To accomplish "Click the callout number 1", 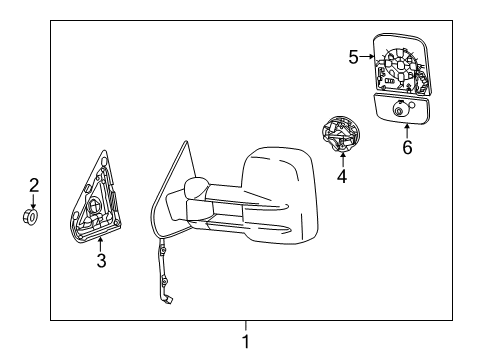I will coord(245,341).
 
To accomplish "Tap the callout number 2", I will coord(33,184).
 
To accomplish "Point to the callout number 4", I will coord(342,178).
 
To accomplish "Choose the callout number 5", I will coord(353,57).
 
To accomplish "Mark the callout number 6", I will coord(406,147).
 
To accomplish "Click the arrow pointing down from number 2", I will coord(33,200).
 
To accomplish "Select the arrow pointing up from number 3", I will coord(101,246).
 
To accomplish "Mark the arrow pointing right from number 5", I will coord(367,57).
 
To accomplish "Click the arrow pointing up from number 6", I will coord(406,130).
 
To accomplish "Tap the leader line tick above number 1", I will coord(245,324).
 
